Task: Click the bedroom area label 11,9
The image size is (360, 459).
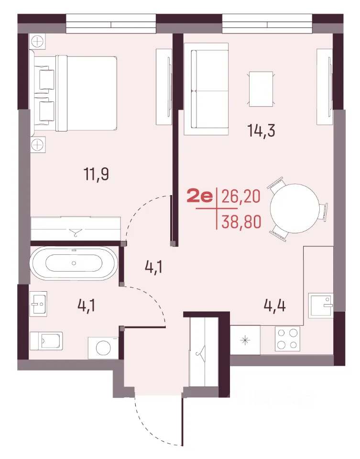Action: tap(96, 175)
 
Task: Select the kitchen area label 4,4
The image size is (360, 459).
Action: tap(274, 306)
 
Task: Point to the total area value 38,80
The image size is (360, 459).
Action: tap(241, 222)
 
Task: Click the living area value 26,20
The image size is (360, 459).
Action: tap(241, 197)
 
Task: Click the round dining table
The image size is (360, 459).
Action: tap(295, 208)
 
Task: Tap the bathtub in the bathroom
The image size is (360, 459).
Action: tap(74, 263)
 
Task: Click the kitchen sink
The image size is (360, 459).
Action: tap(321, 306)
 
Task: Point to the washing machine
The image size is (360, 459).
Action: tap(104, 348)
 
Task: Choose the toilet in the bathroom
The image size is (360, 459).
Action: tap(46, 340)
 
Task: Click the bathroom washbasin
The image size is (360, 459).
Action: tap(38, 304)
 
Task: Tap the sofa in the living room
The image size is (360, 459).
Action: tap(206, 89)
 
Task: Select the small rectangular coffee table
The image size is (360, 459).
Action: tap(261, 89)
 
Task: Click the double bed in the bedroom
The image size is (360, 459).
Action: tap(87, 93)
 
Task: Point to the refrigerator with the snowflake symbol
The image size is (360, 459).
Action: tap(245, 340)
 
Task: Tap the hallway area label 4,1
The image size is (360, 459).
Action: tap(153, 267)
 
